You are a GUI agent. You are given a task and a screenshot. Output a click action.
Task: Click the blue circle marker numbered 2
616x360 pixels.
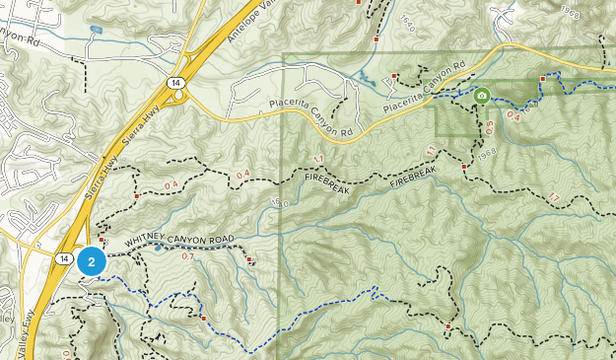click(x=92, y=261)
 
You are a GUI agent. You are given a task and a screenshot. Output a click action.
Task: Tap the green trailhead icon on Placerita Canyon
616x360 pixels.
click(x=482, y=97)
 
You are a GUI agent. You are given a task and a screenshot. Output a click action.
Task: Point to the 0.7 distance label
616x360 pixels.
click(x=188, y=256)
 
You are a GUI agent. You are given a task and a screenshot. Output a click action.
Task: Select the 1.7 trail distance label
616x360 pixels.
click(x=554, y=198)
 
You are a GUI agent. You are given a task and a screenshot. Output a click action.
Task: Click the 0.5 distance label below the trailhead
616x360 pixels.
click(x=490, y=126)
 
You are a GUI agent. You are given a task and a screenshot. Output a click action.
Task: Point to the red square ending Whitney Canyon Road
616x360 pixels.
click(x=250, y=260)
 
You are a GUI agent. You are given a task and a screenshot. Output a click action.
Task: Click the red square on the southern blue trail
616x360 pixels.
click(x=203, y=319)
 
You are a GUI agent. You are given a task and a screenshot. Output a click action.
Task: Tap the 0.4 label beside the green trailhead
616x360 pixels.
click(x=513, y=116)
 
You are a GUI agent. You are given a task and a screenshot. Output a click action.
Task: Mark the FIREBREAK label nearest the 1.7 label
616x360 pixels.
click(x=412, y=177)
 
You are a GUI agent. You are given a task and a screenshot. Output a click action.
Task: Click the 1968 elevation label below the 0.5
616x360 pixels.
click(x=483, y=153)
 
